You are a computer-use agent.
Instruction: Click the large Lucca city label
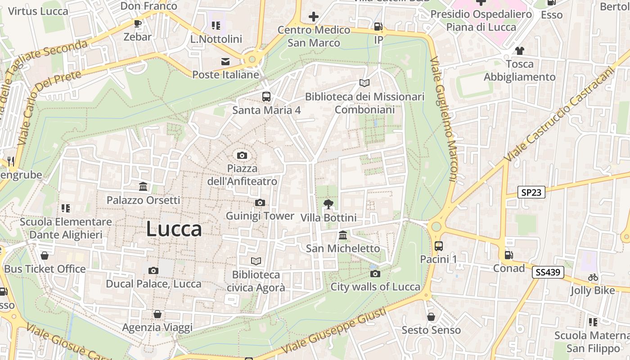(x=174, y=229)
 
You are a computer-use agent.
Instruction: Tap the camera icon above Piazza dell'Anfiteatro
(x=242, y=156)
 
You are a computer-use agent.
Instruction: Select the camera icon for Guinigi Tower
(x=260, y=203)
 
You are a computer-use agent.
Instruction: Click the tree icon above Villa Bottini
(x=328, y=204)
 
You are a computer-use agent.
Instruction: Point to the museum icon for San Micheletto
(x=343, y=235)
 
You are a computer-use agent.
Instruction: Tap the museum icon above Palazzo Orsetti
(x=143, y=186)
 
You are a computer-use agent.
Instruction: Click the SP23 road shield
(x=531, y=193)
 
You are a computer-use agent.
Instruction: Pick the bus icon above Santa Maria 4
(x=266, y=96)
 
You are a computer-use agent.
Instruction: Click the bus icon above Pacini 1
(x=438, y=246)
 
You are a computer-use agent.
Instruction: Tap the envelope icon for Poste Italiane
(x=225, y=62)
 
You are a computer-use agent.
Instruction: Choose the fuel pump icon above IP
(x=378, y=27)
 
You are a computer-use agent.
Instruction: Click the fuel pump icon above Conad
(x=508, y=255)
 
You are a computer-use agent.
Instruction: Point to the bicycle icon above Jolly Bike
(x=593, y=278)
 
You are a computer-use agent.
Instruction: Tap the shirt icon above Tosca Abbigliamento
(x=520, y=50)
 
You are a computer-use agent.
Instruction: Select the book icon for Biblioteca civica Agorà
(x=256, y=261)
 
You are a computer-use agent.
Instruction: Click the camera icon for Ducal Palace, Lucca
(x=153, y=270)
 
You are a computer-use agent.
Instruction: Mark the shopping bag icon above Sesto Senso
(x=431, y=317)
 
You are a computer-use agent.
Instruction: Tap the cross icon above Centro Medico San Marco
(x=314, y=17)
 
